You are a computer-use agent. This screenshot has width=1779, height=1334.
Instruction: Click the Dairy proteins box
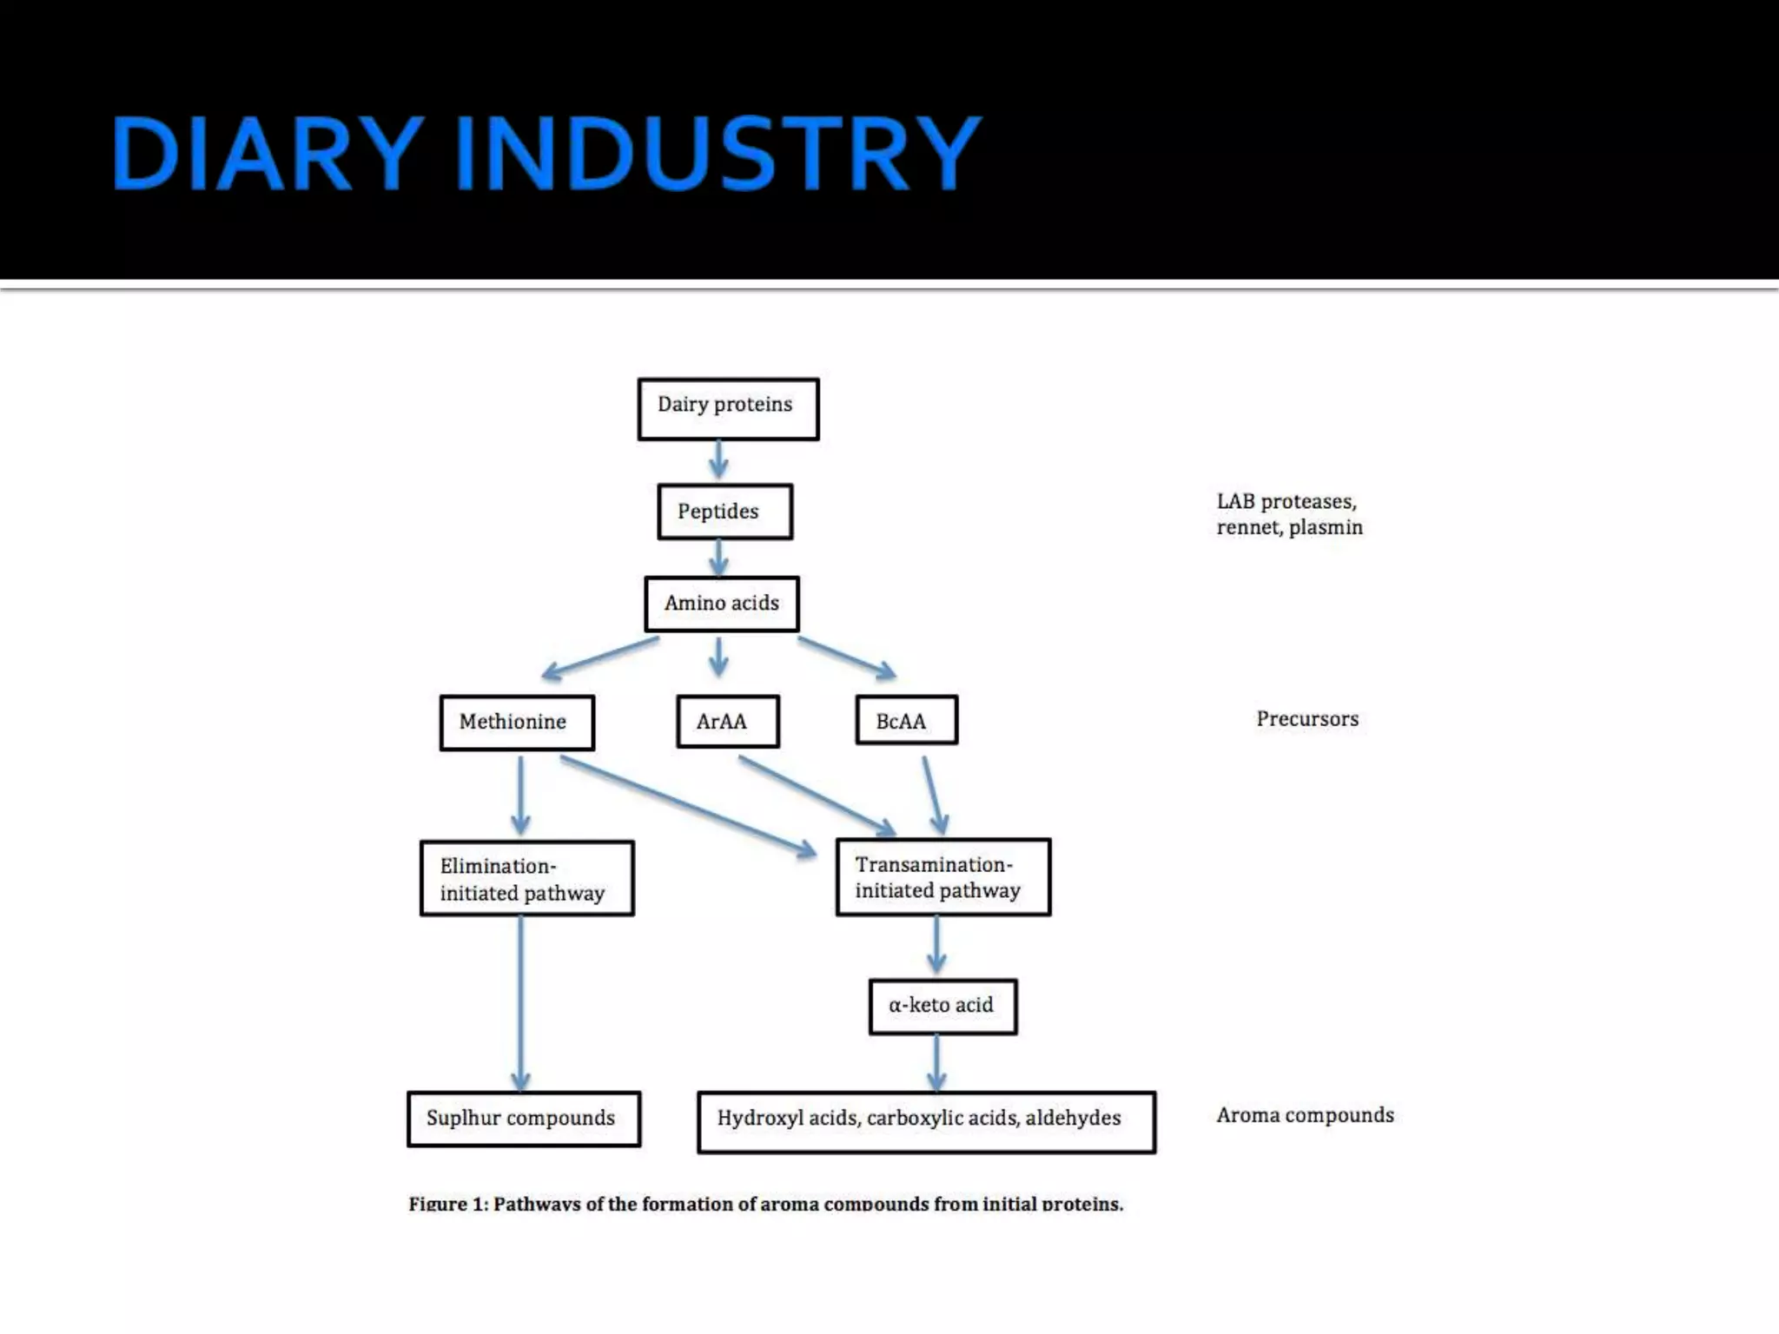tap(728, 408)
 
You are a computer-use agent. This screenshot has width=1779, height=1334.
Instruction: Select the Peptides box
tap(724, 512)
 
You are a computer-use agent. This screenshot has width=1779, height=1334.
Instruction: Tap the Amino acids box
tap(721, 604)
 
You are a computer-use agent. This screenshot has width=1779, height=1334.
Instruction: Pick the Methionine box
tap(517, 723)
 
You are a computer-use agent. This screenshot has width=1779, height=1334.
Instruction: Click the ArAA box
tap(727, 721)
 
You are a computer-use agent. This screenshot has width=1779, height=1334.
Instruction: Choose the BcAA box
tap(906, 720)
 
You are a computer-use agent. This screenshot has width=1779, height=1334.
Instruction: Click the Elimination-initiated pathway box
tap(526, 878)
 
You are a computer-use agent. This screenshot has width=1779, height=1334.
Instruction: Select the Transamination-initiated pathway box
tap(942, 877)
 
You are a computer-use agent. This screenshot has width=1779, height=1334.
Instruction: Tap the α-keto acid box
tap(942, 1007)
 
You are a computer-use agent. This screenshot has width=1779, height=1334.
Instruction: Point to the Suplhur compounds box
tap(524, 1119)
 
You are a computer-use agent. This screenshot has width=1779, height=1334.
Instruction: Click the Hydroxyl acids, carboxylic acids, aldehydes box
tap(926, 1121)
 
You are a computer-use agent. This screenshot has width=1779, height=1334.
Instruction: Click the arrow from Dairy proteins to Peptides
tap(718, 460)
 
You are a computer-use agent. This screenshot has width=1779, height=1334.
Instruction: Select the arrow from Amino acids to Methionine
tap(599, 657)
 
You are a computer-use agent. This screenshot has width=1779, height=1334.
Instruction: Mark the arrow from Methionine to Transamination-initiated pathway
tap(686, 805)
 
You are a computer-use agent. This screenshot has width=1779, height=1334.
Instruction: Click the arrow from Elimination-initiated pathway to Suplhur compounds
tap(520, 1003)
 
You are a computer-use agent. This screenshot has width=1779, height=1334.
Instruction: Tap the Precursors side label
tap(1306, 719)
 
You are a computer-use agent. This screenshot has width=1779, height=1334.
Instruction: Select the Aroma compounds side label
tap(1305, 1115)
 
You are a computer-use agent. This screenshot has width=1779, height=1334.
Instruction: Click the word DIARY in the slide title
tap(267, 154)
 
